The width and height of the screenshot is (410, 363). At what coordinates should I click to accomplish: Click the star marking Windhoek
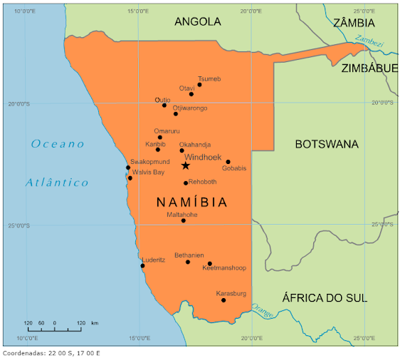coord(186,165)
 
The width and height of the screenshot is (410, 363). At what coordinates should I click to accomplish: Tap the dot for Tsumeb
coord(199,85)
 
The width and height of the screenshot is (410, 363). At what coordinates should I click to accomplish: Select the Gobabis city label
coord(234,169)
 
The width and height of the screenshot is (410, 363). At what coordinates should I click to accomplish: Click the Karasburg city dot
coord(224,300)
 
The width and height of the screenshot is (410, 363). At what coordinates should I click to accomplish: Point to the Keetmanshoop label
coord(224,268)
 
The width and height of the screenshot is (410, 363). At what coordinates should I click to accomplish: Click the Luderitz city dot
coord(142,266)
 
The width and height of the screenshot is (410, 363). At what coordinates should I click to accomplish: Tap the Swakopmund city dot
coord(128,168)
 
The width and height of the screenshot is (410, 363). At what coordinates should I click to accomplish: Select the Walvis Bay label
coord(148,173)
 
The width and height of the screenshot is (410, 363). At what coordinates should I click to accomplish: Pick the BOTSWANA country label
coord(327,144)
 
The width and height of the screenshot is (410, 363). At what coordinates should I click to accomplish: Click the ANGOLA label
coord(197,21)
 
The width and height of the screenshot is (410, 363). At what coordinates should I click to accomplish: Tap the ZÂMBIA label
coord(354,23)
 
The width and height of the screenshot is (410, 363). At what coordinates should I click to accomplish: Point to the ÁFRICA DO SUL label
coord(325,298)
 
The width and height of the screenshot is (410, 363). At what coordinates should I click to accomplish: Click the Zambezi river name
coord(369,42)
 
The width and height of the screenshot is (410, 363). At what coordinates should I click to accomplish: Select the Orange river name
coord(262,312)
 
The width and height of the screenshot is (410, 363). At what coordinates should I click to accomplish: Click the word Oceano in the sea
coord(58,144)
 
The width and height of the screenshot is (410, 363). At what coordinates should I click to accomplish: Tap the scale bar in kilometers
coord(54,330)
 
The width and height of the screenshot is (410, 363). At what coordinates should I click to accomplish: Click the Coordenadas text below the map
coord(51,353)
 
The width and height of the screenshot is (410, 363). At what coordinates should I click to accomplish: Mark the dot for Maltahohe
coord(183,221)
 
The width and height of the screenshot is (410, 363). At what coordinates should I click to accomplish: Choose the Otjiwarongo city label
coord(190,108)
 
